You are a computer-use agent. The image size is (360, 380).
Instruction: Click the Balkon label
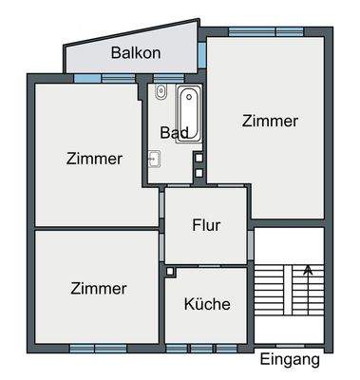pos(135,53)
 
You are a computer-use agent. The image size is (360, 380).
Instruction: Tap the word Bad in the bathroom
pos(173,132)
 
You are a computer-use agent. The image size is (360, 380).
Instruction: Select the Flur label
pos(206,225)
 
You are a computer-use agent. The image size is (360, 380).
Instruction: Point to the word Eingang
pos(291,360)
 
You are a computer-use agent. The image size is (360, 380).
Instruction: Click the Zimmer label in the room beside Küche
pos(98,288)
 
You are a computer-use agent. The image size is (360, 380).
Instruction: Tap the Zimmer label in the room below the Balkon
pos(94,159)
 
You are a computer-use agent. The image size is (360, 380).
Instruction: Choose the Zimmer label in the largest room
pos(270,121)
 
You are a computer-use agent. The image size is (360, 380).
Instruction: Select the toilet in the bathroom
pos(161,92)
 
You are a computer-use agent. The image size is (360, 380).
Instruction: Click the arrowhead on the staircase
pos(308,271)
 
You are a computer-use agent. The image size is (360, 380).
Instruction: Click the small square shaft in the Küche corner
pos(170,272)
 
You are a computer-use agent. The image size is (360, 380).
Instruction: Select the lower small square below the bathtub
pos(199,172)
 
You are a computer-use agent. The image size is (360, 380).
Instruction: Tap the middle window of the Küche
pos(202,346)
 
